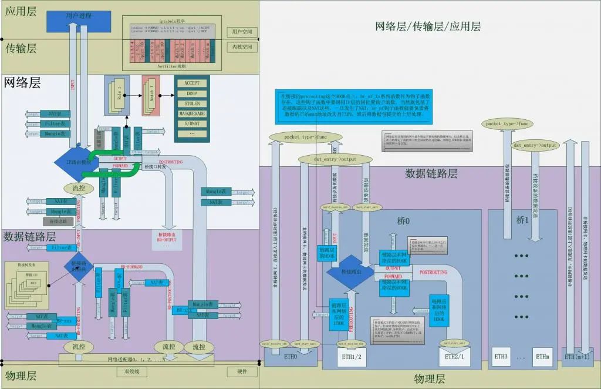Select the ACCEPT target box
pos(191,83)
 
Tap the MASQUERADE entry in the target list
pos(191,113)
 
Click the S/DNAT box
pos(191,123)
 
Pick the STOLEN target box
pos(191,103)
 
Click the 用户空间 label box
pos(242,32)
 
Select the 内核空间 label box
pos(242,46)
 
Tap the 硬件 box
pos(242,371)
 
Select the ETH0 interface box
pos(291,356)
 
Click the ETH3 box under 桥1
pos(501,356)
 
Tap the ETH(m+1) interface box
pos(578,356)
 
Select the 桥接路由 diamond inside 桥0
pos(349,273)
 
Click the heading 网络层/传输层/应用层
pos(428,26)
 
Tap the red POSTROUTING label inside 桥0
pos(433,273)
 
